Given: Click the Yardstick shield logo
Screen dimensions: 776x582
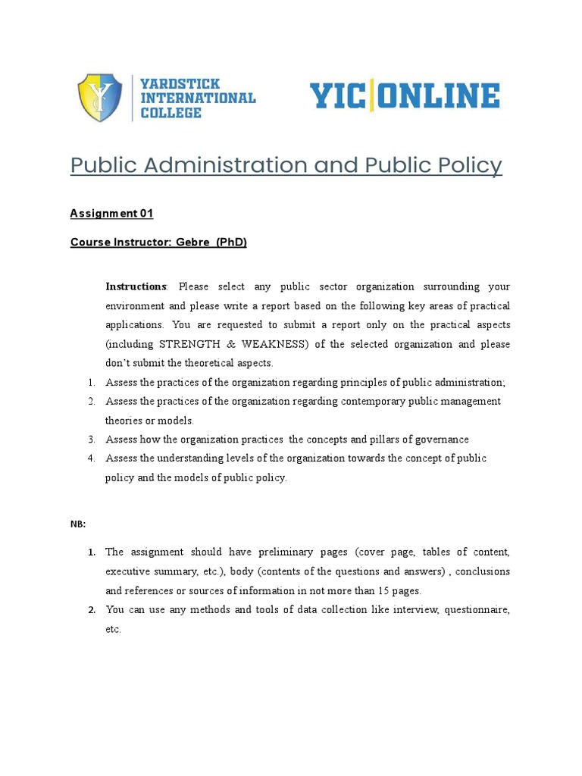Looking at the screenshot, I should click(100, 98).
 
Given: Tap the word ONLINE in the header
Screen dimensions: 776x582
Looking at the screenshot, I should click(437, 98).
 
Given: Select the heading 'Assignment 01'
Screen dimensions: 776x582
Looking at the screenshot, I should click(111, 214).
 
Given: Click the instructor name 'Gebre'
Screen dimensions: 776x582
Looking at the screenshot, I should click(192, 242).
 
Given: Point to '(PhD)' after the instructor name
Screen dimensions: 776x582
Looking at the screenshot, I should click(231, 242).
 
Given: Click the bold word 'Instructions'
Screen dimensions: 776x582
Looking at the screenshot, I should click(136, 287).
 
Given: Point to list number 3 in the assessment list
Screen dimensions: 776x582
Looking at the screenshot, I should click(90, 440).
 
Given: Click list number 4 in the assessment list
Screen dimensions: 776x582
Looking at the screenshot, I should click(90, 458).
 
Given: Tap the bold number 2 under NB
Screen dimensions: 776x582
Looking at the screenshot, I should click(91, 610).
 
